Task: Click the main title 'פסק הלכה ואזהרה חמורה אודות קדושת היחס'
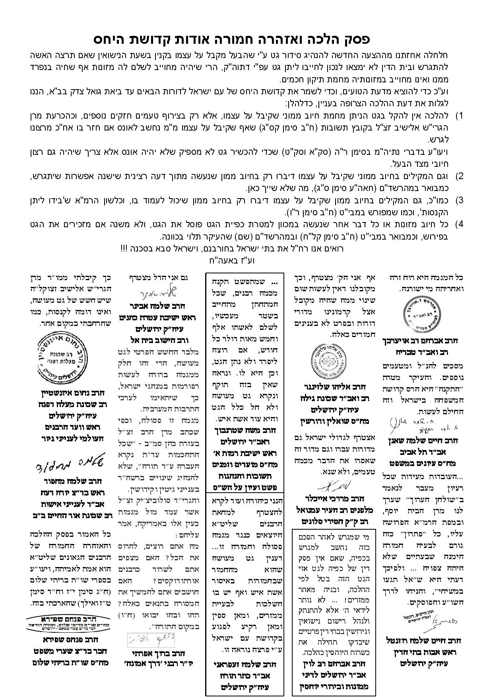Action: click(x=232, y=39)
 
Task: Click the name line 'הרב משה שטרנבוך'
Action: click(x=245, y=430)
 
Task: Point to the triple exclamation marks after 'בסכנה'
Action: click(x=126, y=248)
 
